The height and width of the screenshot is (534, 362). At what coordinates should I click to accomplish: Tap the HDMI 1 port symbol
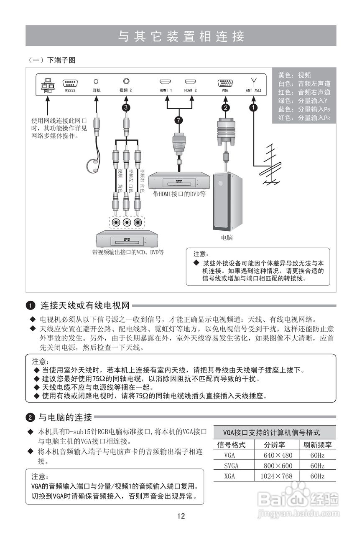[166, 82]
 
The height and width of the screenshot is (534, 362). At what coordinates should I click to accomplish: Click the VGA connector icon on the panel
[225, 83]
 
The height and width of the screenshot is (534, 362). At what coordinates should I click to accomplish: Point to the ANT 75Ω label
[253, 90]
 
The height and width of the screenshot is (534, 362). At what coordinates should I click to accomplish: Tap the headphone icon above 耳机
[97, 82]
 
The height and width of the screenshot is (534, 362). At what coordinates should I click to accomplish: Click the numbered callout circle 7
[179, 121]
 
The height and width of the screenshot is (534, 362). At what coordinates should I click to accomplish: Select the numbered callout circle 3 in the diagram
[126, 108]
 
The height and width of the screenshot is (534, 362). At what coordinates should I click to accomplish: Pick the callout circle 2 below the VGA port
[225, 108]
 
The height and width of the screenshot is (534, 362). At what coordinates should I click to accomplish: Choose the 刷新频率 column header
[317, 445]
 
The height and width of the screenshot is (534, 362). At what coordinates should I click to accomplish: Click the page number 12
[181, 516]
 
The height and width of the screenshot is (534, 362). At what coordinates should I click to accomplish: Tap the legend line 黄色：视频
[295, 75]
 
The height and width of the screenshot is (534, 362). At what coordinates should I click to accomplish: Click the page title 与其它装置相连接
[181, 36]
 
